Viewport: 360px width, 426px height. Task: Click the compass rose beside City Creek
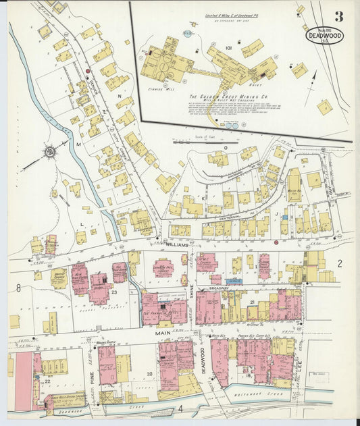click(x=50, y=152)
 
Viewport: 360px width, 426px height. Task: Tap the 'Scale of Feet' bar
click(x=196, y=142)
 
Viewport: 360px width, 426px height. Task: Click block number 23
click(x=115, y=292)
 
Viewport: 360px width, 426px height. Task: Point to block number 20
click(x=149, y=373)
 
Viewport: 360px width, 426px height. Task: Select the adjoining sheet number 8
click(x=19, y=288)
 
